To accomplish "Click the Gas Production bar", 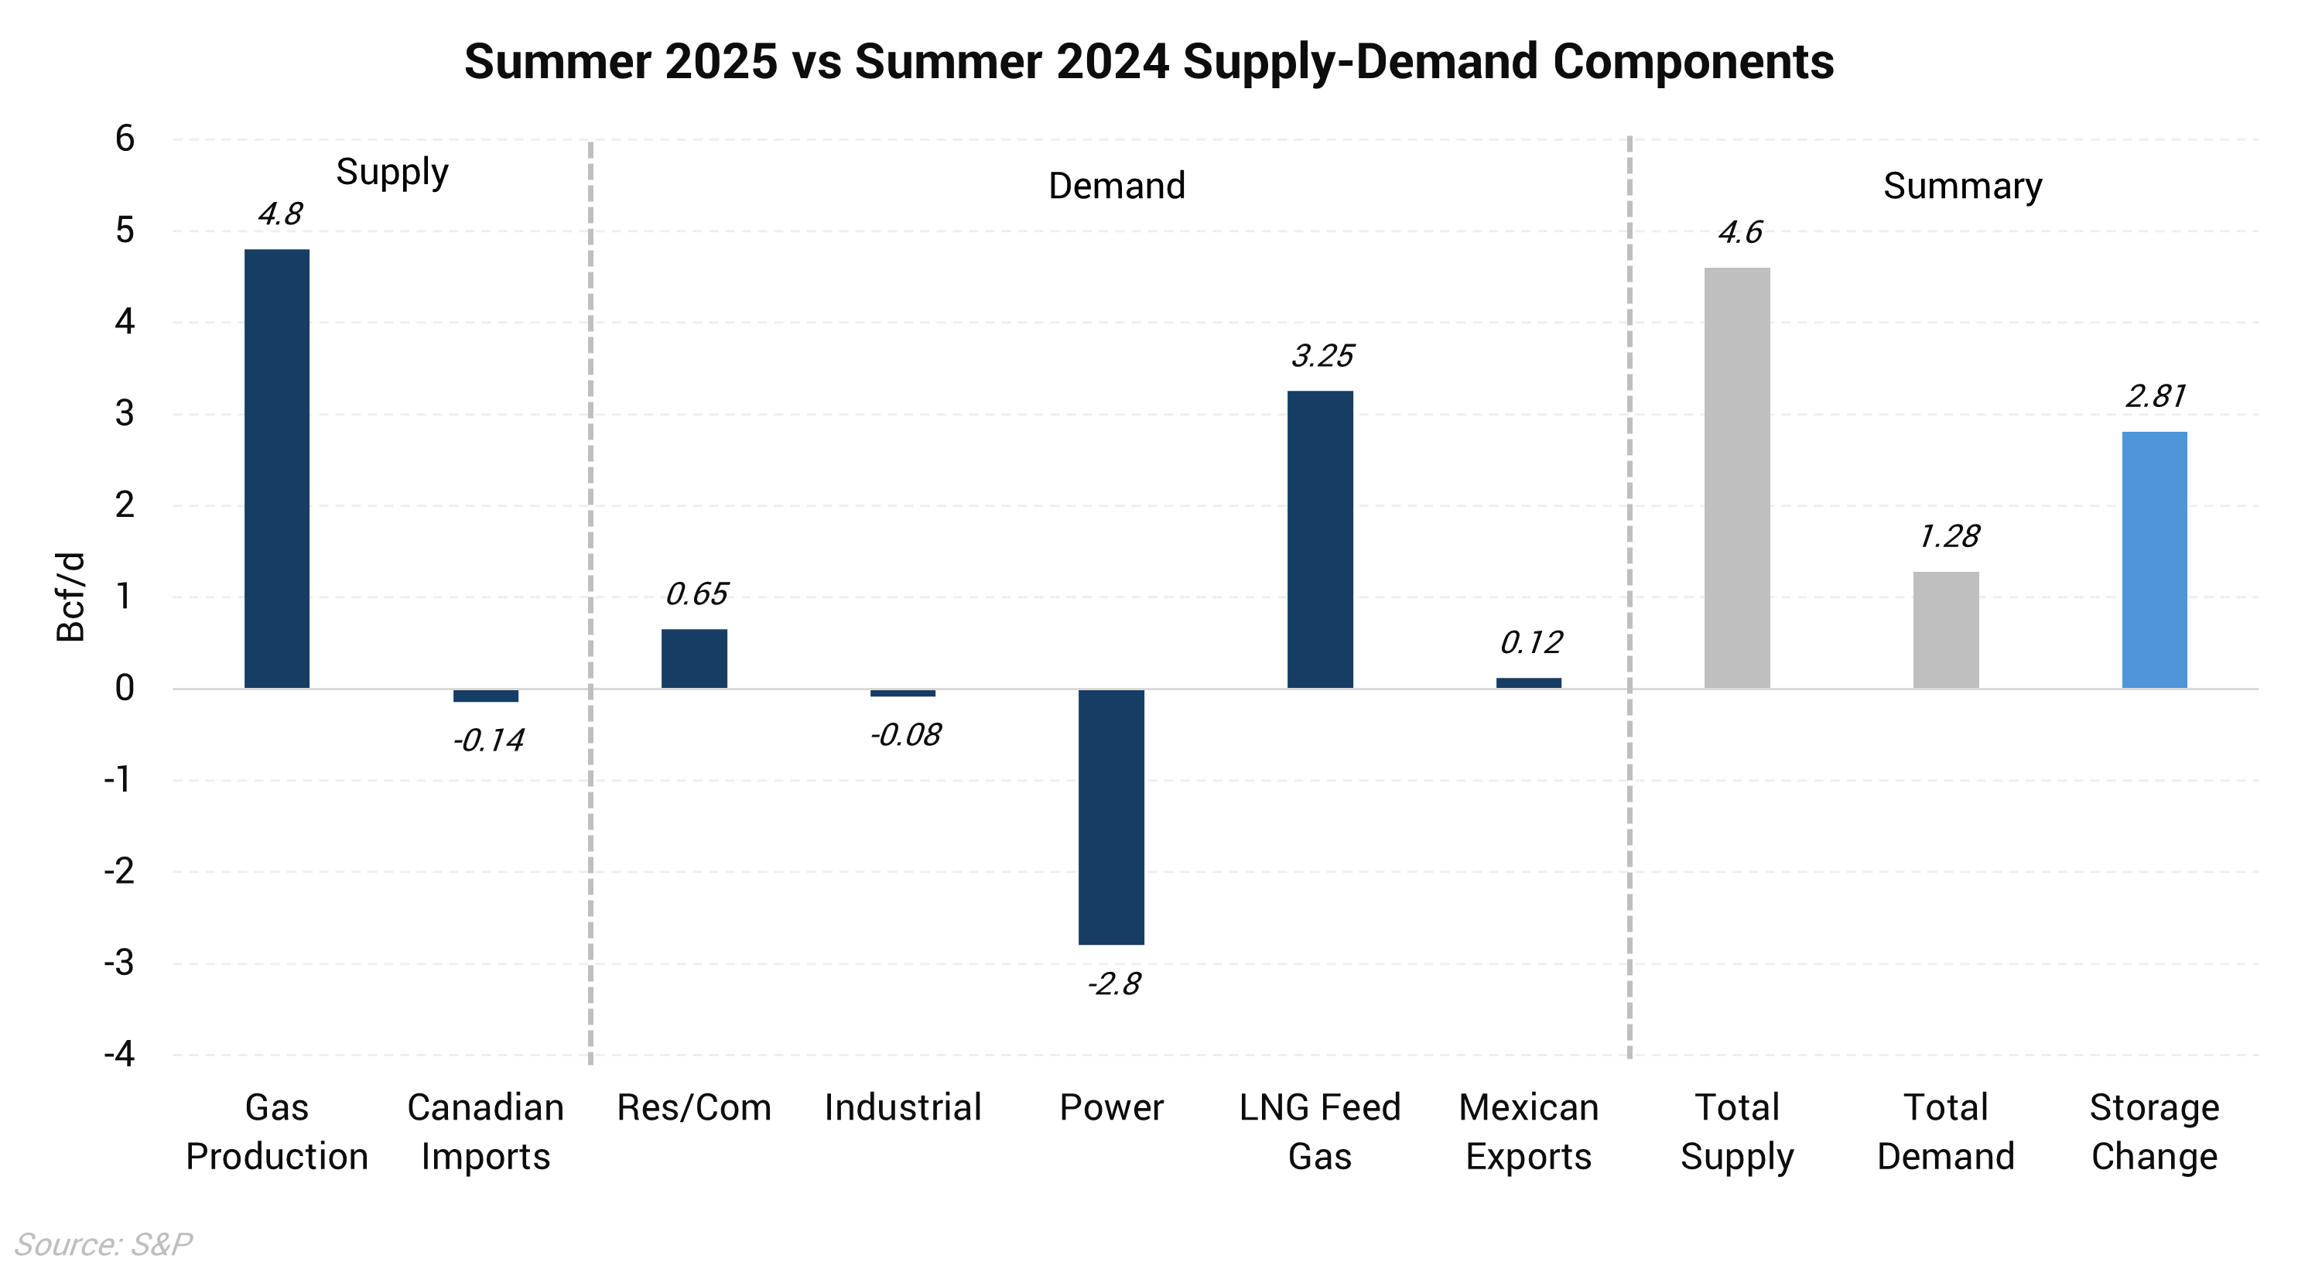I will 276,468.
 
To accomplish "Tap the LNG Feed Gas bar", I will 1319,539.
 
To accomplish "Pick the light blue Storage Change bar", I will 2153,559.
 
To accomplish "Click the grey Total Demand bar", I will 1946,629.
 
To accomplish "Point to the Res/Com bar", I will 694,659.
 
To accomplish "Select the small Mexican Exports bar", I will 1528,682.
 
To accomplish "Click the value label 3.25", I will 1322,356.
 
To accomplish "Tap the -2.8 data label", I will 1113,984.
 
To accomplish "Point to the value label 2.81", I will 2156,396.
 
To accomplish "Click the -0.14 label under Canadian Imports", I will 488,741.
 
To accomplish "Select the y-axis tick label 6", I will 125,139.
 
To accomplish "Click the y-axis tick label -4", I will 119,1054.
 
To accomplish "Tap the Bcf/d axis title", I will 71,597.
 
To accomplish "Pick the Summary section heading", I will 1961,186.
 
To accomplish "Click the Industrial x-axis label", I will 903,1107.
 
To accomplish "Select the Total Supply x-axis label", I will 1737,1131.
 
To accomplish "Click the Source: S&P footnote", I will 104,1244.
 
